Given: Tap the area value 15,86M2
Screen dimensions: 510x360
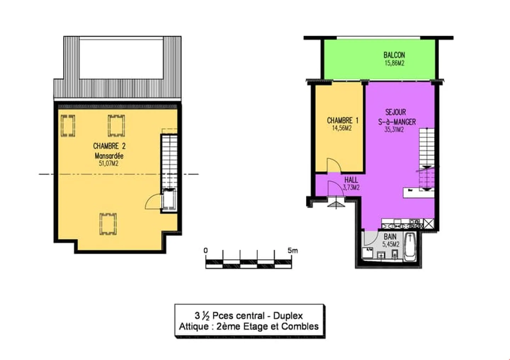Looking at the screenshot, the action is [394, 63].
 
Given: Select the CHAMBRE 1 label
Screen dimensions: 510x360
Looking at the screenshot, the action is [343, 120].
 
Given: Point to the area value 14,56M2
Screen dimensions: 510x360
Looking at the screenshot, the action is [342, 128].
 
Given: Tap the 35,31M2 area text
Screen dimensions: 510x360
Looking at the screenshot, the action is [394, 130].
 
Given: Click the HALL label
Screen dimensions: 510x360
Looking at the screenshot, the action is [351, 180].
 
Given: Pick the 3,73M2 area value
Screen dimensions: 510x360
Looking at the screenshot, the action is [351, 188].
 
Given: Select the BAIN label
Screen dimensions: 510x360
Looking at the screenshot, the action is [390, 237].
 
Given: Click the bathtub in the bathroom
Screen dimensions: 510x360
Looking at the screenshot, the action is [410, 246].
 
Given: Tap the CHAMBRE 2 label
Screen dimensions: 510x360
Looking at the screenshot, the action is [109, 146].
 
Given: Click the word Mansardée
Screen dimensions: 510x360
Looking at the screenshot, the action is [109, 156].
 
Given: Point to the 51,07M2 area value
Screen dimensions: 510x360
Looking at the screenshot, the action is [109, 164].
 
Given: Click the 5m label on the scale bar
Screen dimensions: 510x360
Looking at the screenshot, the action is [293, 251].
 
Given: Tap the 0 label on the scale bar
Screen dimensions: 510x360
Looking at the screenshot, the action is [205, 251].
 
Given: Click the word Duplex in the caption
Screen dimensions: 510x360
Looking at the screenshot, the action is [288, 316].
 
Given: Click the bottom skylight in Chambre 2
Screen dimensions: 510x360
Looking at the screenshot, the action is [108, 224].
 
